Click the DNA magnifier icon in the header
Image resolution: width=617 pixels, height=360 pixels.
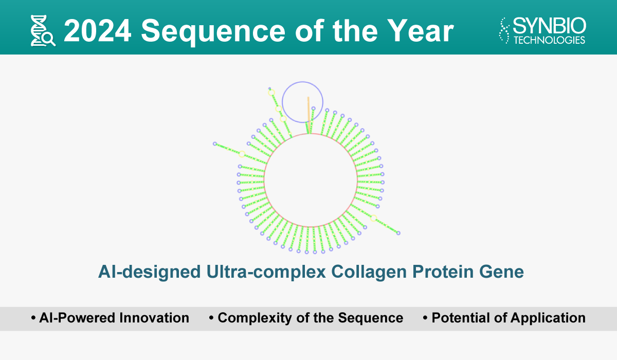[43, 30]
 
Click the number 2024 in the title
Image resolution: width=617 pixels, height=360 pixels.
[98, 31]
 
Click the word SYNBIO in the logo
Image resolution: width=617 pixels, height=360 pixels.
[550, 26]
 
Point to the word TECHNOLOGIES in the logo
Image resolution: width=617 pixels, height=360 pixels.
[550, 40]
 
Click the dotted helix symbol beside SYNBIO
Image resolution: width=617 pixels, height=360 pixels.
[504, 30]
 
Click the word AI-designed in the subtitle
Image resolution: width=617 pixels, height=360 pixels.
[149, 272]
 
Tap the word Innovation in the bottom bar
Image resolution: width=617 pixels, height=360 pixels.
[154, 318]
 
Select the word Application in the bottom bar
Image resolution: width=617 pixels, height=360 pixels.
[548, 318]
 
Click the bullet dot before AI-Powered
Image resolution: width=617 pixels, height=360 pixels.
[33, 318]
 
